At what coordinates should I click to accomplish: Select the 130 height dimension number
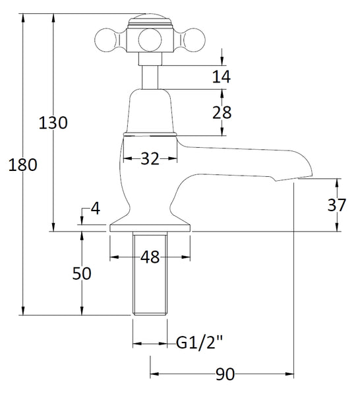53,123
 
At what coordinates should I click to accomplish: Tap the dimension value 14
222,77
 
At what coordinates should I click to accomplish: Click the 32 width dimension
150,158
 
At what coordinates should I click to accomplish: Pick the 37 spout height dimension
337,205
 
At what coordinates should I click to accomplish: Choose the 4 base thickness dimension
95,209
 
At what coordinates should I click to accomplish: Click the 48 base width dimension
150,257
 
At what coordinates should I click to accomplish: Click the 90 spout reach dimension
224,375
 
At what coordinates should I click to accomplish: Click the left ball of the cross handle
105,40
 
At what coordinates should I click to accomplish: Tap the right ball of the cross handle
190,40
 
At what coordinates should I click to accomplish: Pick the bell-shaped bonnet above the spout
150,112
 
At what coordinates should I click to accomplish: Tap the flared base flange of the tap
150,223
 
